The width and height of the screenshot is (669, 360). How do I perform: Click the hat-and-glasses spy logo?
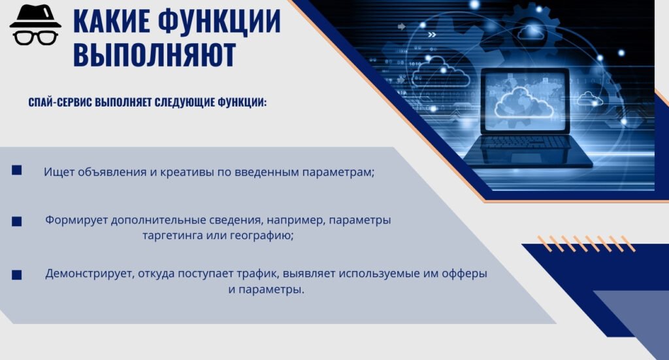tap(35, 26)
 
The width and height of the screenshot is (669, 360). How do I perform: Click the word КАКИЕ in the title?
tap(113, 21)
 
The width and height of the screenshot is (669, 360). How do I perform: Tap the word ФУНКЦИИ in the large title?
tap(221, 21)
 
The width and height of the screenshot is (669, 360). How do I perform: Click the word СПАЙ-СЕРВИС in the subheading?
tap(60, 103)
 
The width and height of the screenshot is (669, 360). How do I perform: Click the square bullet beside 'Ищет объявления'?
tap(17, 171)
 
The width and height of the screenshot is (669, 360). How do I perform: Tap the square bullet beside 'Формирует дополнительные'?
tap(17, 221)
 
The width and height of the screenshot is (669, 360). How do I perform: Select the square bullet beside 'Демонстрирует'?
tap(17, 275)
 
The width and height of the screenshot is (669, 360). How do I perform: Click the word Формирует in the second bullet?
tap(73, 221)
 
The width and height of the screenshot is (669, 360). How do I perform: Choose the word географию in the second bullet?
tap(260, 236)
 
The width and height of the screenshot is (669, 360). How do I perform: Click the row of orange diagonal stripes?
tap(585, 244)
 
